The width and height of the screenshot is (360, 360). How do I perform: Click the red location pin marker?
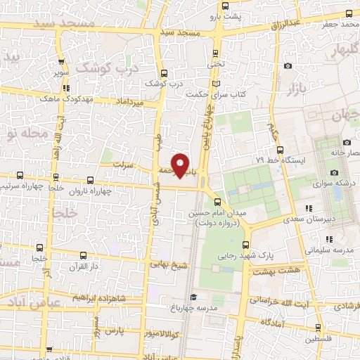(x=180, y=165)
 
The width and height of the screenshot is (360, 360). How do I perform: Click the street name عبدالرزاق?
(x=285, y=25)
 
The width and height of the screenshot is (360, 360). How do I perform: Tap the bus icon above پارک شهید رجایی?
(x=245, y=245)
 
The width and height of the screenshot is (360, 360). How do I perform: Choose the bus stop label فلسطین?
(x=319, y=338)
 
